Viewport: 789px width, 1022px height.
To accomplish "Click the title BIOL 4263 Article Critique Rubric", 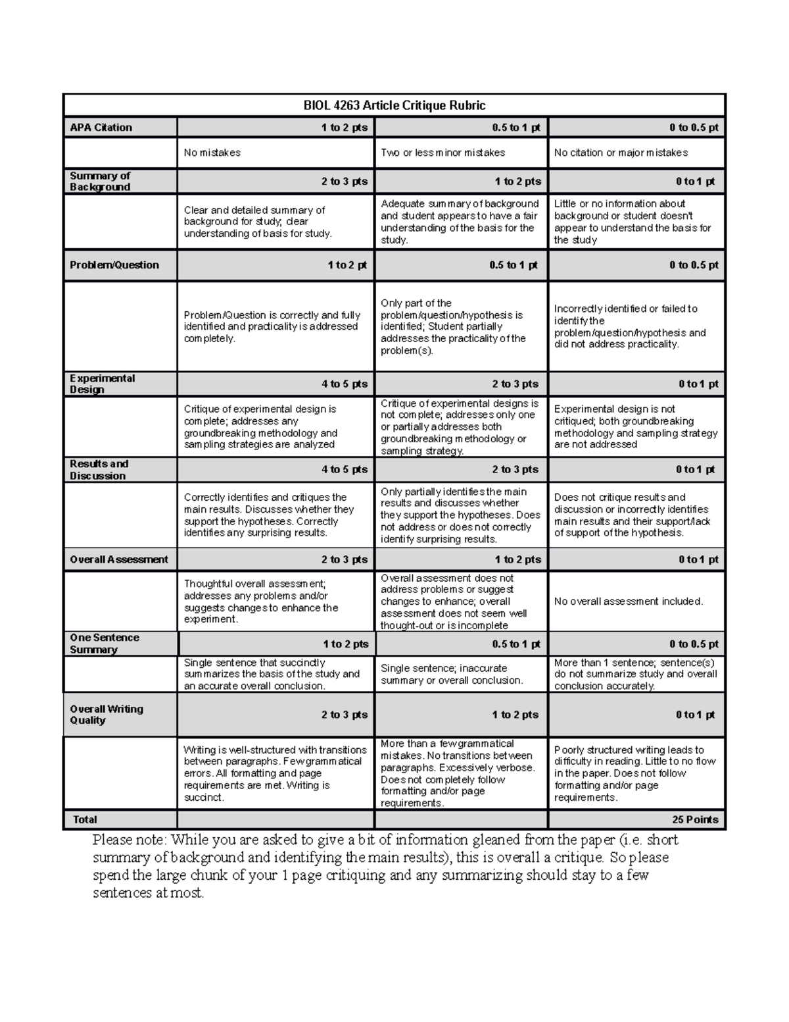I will (394, 105).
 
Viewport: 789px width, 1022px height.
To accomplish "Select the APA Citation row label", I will (101, 128).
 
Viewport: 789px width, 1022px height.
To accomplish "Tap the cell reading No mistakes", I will (212, 153).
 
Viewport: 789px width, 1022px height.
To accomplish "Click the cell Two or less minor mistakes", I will (442, 153).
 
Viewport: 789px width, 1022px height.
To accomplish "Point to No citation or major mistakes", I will (621, 153).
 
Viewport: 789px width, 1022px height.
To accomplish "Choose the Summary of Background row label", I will (100, 181).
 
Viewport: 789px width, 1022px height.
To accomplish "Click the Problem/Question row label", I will (114, 265).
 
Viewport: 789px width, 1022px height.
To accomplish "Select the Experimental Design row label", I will (102, 384).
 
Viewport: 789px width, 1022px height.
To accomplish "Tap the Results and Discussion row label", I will (99, 470).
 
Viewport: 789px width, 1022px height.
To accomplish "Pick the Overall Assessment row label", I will (119, 559).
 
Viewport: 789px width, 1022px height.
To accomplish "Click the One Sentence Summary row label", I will (105, 644).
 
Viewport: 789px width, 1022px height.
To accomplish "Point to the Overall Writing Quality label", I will (107, 715).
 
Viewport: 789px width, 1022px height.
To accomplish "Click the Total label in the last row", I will (85, 819).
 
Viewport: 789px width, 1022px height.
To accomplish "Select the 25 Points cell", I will (695, 819).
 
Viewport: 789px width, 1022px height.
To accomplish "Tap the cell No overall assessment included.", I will (629, 601).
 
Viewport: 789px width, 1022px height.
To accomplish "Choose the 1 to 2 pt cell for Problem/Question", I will (347, 265).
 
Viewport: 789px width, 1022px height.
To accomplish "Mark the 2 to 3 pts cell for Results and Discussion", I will (515, 470).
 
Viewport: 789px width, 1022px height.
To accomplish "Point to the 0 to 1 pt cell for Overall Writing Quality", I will (696, 715).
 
